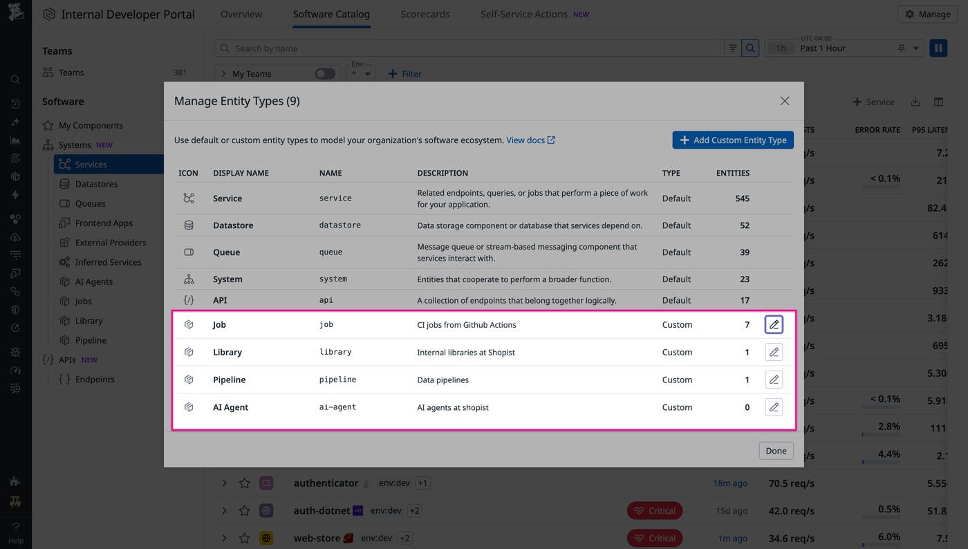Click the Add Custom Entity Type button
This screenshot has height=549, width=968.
click(733, 140)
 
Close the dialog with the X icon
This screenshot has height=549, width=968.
click(784, 101)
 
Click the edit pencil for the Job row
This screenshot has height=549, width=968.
click(774, 324)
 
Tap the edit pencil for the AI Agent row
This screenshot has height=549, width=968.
click(774, 407)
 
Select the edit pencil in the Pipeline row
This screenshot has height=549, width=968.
click(774, 380)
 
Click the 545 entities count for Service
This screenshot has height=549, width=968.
click(742, 198)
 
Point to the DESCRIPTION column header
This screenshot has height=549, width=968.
click(443, 173)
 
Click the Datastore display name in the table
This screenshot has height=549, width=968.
click(233, 225)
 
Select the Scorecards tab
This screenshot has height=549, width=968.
click(425, 14)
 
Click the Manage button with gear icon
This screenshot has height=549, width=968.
click(927, 14)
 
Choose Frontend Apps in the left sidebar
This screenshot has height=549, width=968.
click(104, 223)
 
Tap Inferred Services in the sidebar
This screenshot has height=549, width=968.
click(108, 262)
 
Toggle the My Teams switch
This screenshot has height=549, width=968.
click(324, 74)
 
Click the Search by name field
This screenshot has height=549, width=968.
click(470, 48)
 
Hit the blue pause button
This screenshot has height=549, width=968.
click(938, 48)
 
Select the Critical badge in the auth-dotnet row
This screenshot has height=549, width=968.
click(654, 511)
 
